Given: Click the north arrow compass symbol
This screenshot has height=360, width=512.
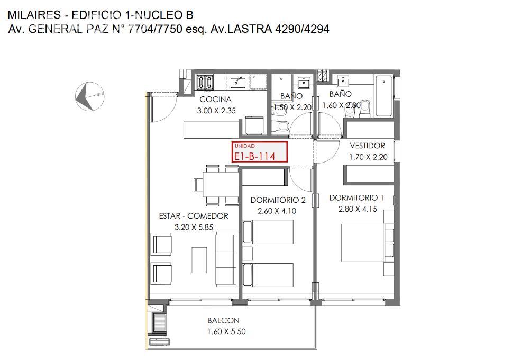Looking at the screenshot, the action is coord(89,96).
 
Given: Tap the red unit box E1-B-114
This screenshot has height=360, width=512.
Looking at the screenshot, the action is coord(260,152).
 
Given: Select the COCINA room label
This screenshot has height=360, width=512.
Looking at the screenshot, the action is coord(215,100).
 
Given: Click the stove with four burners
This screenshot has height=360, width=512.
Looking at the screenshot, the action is coord(205,82).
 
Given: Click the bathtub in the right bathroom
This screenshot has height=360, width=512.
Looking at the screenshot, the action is coord(383,96).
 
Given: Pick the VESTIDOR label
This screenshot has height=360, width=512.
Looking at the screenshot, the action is coord(368,146).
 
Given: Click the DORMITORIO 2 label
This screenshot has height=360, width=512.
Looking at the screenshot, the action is coord(278,200).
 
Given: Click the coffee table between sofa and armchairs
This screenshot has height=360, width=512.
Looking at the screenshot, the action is coord(199,260).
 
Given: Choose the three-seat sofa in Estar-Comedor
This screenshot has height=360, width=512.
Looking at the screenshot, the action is coord(226,260).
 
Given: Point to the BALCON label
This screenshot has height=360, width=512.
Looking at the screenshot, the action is coord(223,320).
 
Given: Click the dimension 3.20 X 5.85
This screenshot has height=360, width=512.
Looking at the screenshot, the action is coord(194,227).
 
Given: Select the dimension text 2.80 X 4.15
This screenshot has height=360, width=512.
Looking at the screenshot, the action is coord(358,209).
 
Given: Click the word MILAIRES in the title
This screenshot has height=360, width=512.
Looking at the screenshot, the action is coord(34,15).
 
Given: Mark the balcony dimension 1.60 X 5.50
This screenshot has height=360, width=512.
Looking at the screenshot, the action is coord(226,331).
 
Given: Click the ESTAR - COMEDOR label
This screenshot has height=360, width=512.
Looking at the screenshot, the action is coord(194,216).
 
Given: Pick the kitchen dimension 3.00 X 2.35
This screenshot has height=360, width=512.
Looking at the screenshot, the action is coord(216,111).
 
